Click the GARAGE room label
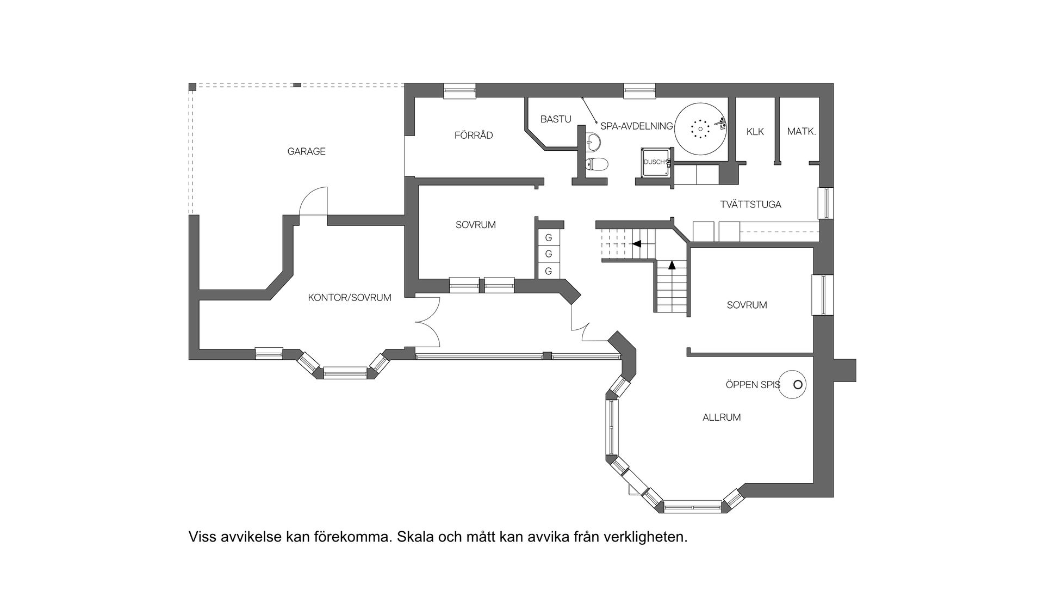tap(306, 151)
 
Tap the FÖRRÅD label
tap(474, 135)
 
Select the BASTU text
tap(556, 119)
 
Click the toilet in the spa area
tap(596, 164)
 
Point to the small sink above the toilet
tap(594, 143)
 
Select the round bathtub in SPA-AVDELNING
tap(701, 129)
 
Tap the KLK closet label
tap(755, 132)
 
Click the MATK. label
tap(801, 132)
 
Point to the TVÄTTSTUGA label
tap(750, 205)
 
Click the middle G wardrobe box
tap(549, 254)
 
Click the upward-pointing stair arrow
tap(672, 266)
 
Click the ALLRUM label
tap(722, 417)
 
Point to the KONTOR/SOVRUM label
tap(349, 298)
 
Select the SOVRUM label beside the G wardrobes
tap(475, 225)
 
